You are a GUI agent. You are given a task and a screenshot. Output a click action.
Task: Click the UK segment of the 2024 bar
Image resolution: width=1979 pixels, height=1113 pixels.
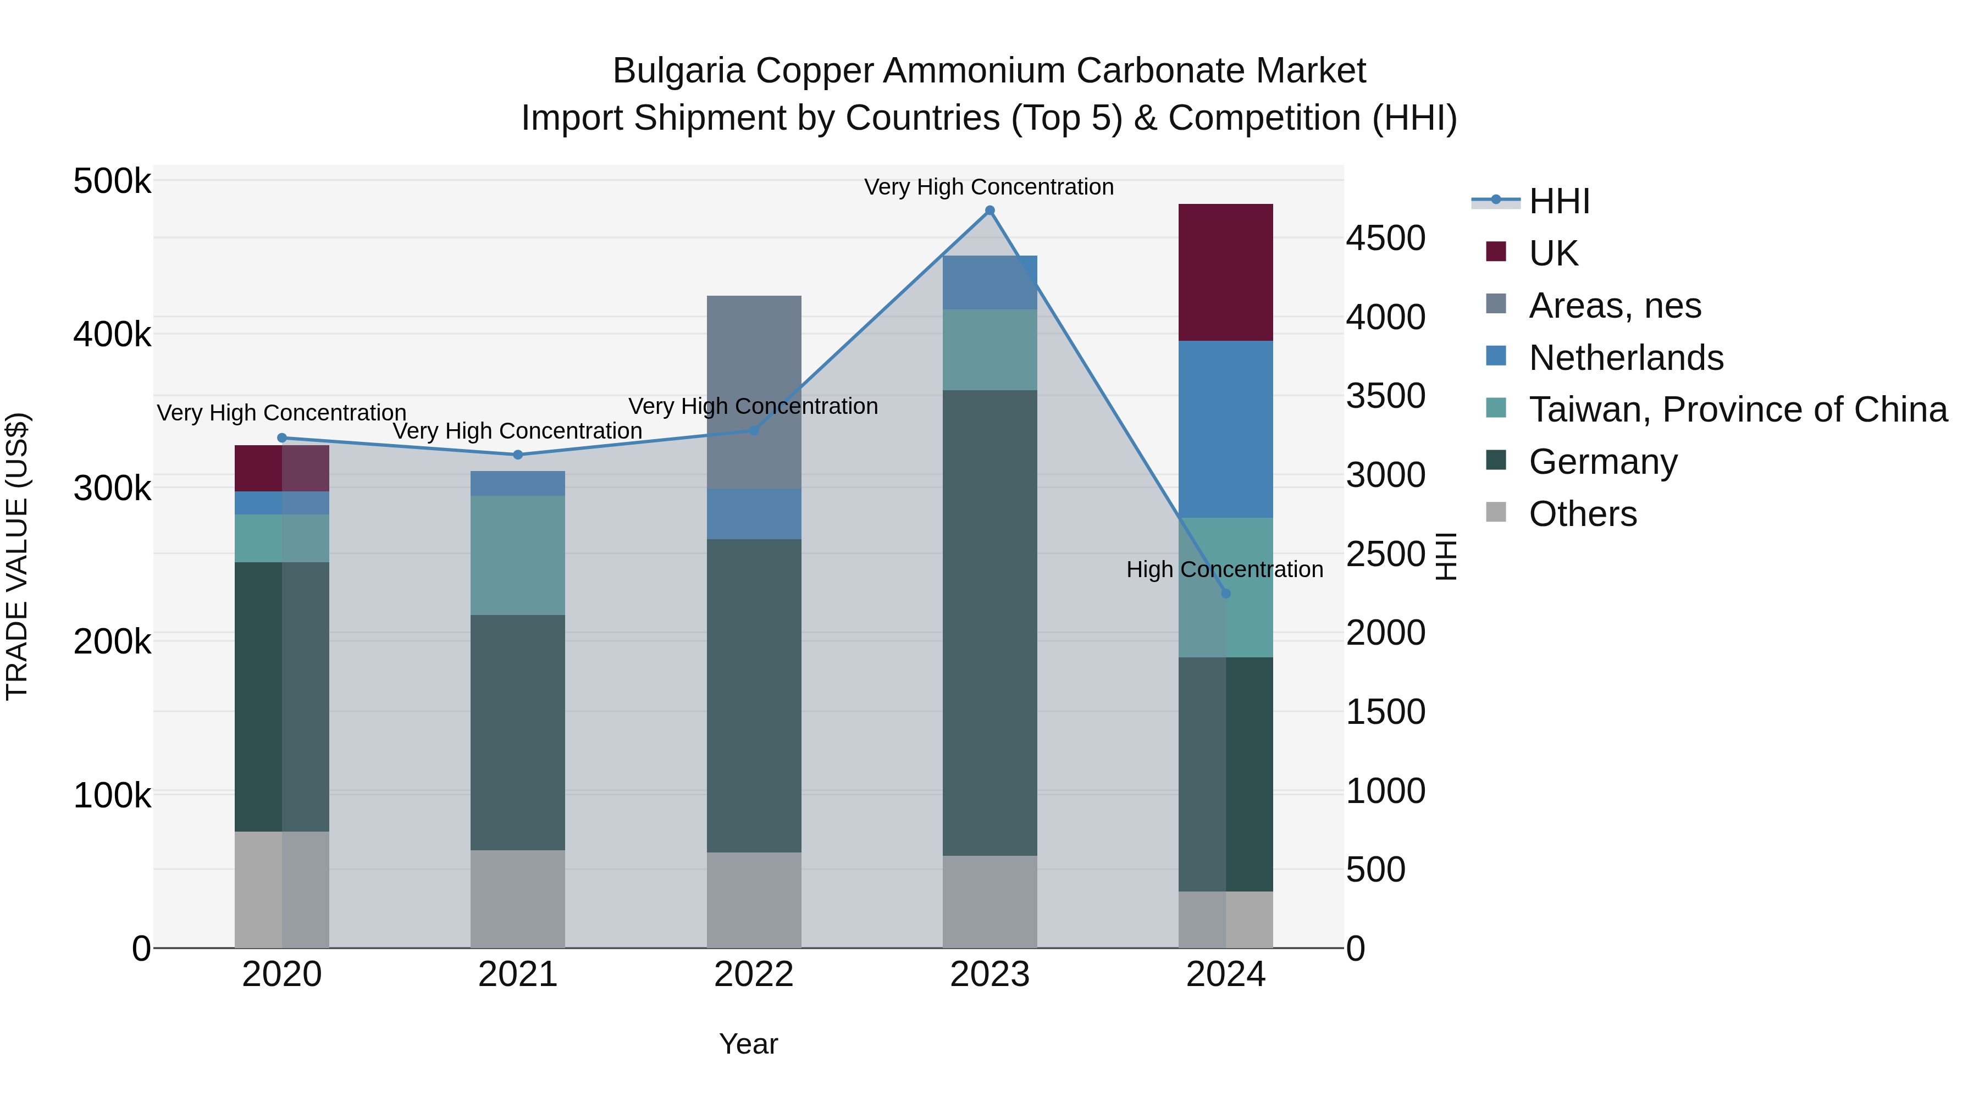click(x=1225, y=272)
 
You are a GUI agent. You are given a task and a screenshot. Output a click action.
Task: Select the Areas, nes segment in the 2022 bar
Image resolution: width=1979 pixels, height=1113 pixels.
click(x=754, y=392)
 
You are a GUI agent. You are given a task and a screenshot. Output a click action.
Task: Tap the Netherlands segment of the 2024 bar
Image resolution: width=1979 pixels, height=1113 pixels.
click(x=1225, y=429)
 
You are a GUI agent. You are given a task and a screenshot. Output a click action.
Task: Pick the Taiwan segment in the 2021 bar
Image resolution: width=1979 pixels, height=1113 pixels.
click(x=517, y=555)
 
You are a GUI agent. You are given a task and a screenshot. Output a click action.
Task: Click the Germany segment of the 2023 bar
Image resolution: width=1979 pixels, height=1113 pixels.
click(x=989, y=622)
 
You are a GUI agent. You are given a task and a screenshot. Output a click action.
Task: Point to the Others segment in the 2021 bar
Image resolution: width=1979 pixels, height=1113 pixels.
click(x=517, y=898)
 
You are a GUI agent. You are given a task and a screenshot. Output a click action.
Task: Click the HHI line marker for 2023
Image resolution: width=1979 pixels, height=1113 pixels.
click(x=989, y=211)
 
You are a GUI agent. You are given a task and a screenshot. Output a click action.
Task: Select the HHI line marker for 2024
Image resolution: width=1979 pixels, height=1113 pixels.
click(x=1225, y=593)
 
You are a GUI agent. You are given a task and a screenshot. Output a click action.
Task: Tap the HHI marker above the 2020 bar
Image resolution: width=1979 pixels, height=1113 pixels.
click(x=282, y=438)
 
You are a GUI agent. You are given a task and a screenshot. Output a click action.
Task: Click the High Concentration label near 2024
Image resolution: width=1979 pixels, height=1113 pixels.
click(x=1225, y=569)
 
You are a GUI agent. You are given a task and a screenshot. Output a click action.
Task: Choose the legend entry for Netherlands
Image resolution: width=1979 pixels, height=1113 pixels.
click(x=1626, y=358)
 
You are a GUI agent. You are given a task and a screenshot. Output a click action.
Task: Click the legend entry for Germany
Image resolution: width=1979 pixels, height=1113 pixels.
click(x=1602, y=462)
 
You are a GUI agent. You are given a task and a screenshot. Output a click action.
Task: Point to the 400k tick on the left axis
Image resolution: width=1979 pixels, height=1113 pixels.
click(x=112, y=335)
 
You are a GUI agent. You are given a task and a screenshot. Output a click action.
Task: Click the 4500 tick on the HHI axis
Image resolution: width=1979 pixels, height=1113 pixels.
click(x=1385, y=238)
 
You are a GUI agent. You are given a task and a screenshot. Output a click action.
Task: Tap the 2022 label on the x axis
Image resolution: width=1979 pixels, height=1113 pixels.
click(x=754, y=974)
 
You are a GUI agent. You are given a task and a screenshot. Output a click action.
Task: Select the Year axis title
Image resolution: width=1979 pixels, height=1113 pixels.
click(x=748, y=1044)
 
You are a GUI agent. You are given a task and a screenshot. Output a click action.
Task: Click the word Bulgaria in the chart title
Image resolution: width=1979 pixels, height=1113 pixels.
click(x=678, y=71)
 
